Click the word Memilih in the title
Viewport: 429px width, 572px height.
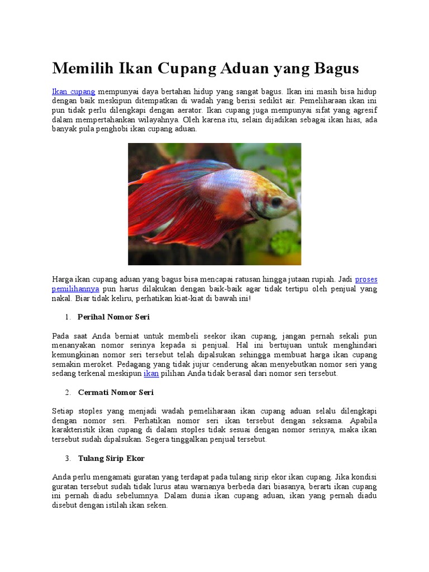click(x=83, y=69)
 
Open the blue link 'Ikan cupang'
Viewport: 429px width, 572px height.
click(x=74, y=91)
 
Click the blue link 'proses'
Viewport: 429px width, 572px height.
click(x=366, y=279)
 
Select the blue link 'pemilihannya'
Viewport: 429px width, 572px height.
click(x=75, y=289)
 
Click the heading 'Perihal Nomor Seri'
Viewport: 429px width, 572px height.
click(x=113, y=317)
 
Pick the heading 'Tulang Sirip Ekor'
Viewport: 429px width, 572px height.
click(x=111, y=459)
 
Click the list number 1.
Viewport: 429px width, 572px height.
click(x=67, y=317)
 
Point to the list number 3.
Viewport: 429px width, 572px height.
click(x=67, y=459)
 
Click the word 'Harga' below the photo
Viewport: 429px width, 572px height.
click(x=63, y=279)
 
